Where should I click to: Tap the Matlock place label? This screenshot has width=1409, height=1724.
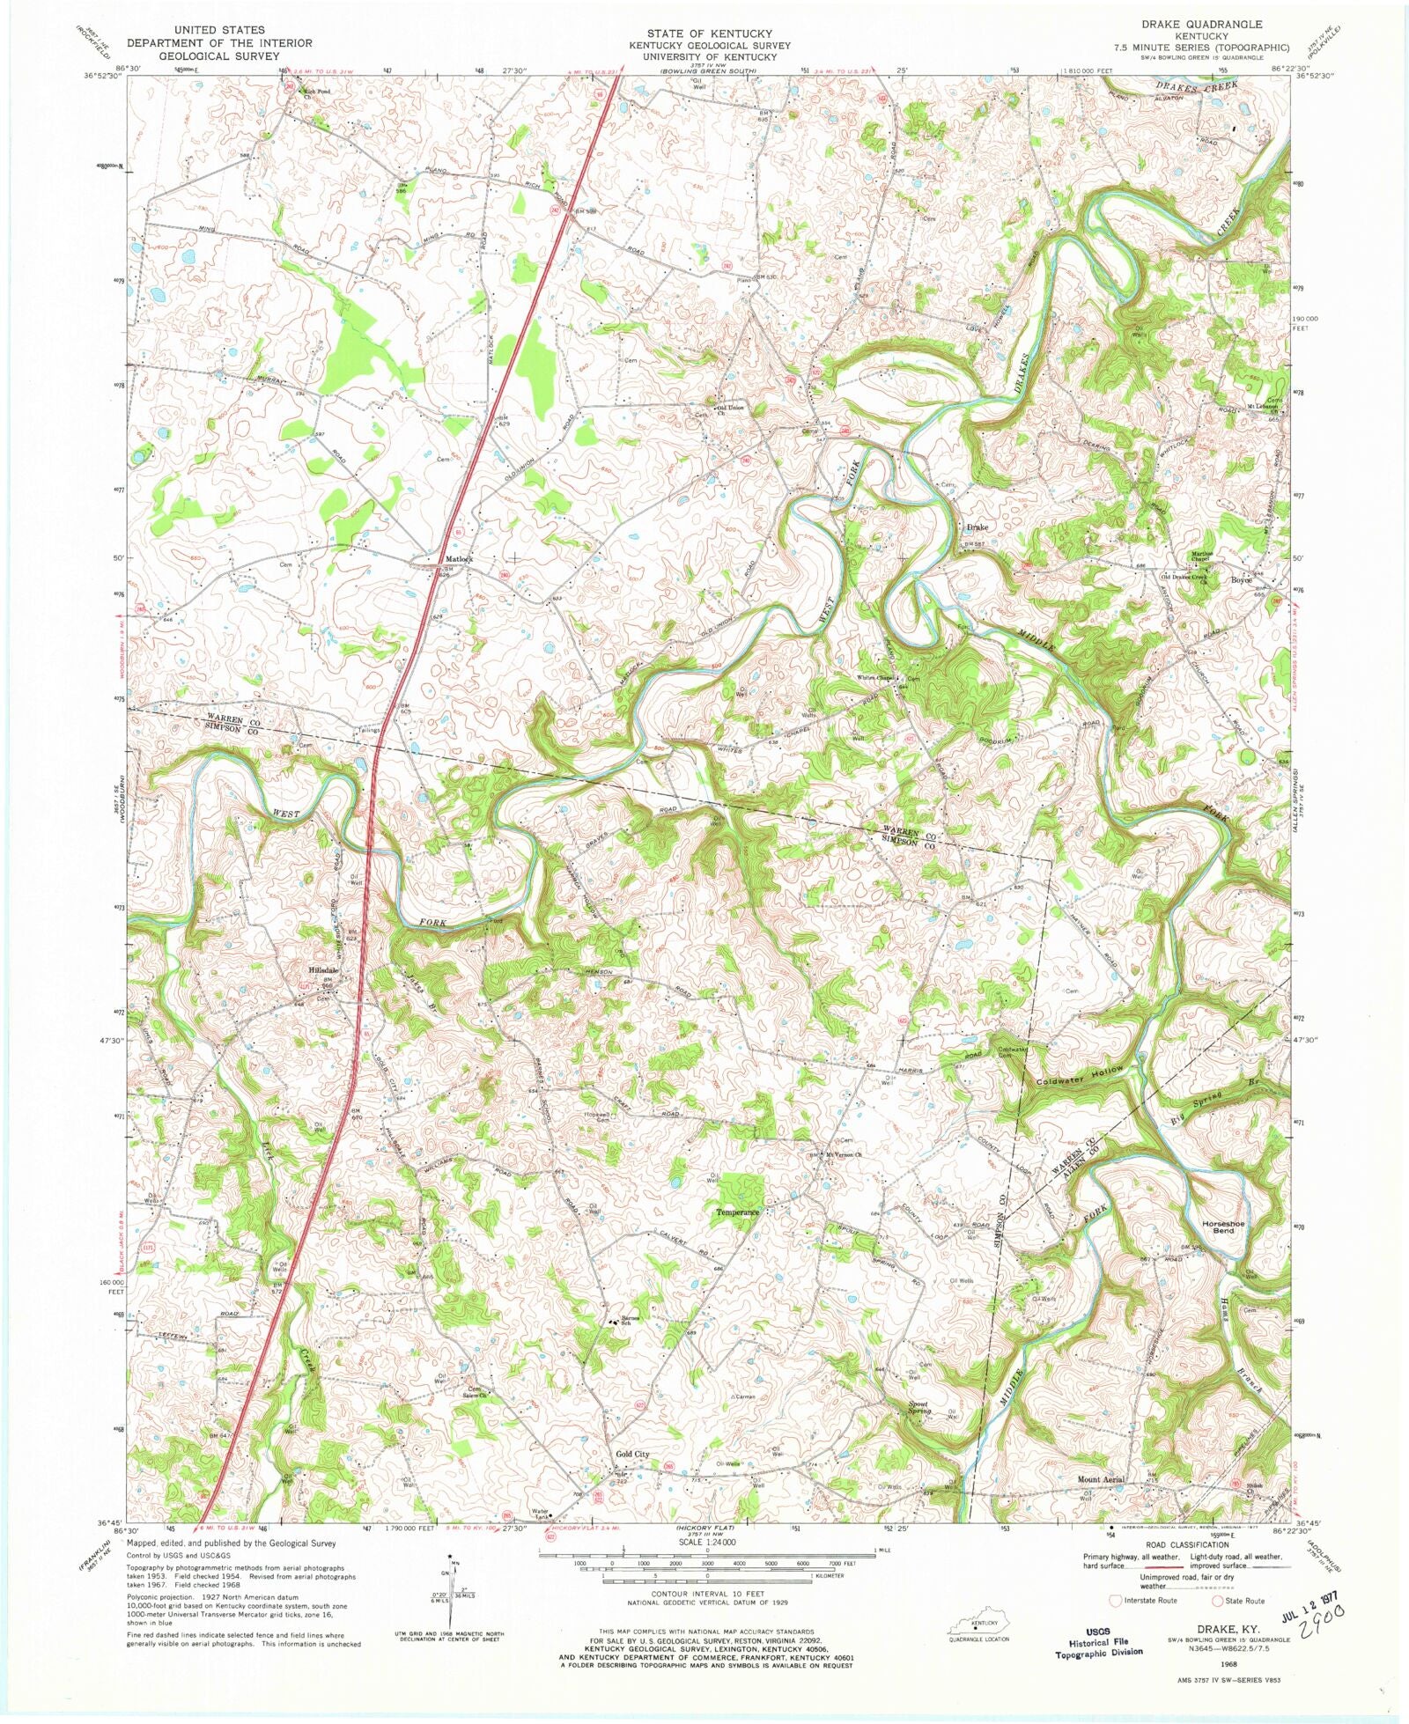pyautogui.click(x=459, y=559)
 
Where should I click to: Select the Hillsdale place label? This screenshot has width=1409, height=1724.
pyautogui.click(x=323, y=970)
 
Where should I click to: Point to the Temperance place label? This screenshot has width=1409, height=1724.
pyautogui.click(x=737, y=1212)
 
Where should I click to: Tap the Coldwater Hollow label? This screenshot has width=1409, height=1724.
pyautogui.click(x=1080, y=1075)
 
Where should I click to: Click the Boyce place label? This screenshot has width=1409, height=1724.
pyautogui.click(x=1241, y=580)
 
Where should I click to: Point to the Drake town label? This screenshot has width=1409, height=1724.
pyautogui.click(x=977, y=527)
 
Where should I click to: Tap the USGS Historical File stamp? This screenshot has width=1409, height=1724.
pyautogui.click(x=1099, y=1642)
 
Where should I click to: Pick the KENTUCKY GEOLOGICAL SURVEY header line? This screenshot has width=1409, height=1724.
pyautogui.click(x=709, y=45)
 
